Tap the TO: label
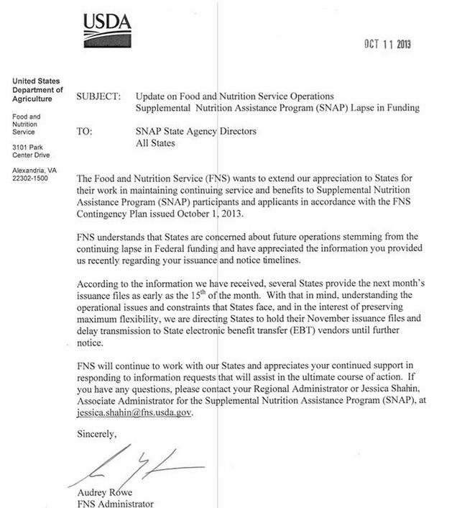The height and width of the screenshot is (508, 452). (85, 132)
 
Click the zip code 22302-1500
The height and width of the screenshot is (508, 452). (30, 178)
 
